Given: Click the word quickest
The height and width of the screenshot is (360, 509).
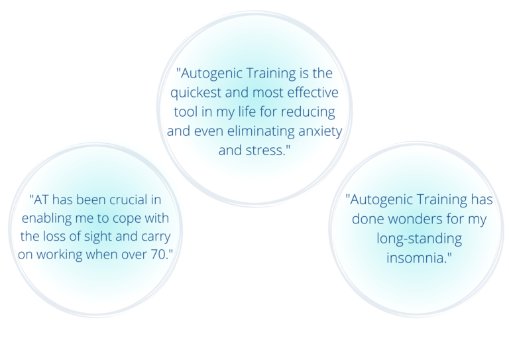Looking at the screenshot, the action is [x=196, y=93].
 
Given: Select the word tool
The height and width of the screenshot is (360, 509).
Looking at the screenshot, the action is [x=186, y=111].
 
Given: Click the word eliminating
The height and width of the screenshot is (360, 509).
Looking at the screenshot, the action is [x=260, y=131].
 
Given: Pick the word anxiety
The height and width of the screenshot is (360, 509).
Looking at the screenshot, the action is [x=320, y=132].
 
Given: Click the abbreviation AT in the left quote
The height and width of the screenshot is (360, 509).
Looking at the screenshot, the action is [x=40, y=200].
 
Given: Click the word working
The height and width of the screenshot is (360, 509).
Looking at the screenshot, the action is [x=60, y=255].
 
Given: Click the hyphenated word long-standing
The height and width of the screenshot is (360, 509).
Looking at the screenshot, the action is [x=419, y=239].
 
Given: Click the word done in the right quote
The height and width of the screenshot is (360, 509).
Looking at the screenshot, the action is [x=368, y=219].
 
